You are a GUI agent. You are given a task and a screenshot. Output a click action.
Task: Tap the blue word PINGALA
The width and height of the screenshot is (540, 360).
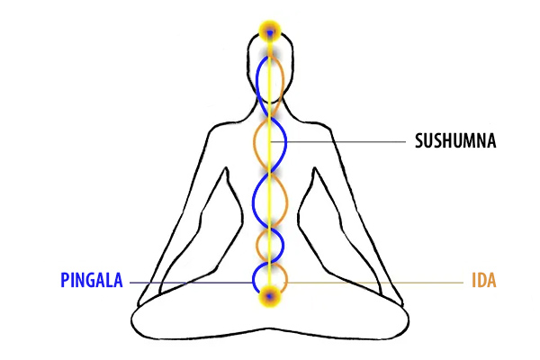point(93,281)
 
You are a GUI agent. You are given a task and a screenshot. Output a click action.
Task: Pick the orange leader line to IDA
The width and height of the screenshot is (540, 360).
point(378,283)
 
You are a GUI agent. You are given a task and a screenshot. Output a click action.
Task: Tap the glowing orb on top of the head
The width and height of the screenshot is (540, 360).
point(270,33)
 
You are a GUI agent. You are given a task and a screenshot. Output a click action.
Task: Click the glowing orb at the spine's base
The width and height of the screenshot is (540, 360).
point(270,294)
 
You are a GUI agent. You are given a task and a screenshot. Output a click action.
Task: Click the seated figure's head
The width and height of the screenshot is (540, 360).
point(270,67)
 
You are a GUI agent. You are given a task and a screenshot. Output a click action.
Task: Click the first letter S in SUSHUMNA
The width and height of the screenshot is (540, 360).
point(419,142)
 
